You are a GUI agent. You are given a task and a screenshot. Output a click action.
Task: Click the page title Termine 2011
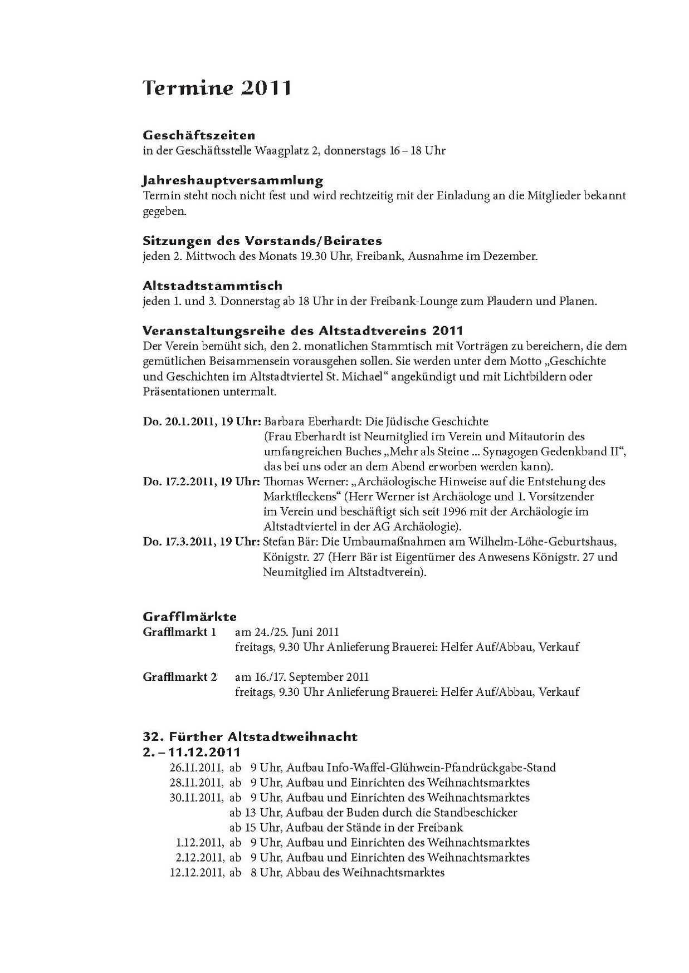tap(217, 88)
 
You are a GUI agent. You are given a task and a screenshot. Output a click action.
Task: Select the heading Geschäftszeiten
tap(199, 135)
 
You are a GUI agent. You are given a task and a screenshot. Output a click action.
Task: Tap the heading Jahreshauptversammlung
tap(233, 180)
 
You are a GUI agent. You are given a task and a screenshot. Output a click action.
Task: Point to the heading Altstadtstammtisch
tap(212, 286)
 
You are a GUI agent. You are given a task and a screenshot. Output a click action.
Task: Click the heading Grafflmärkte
tap(189, 617)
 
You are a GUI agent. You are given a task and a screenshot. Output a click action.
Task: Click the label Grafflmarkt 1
tap(179, 632)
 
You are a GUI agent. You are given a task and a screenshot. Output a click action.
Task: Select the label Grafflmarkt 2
tap(179, 677)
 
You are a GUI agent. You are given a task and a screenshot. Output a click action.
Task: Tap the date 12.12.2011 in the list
tap(196, 873)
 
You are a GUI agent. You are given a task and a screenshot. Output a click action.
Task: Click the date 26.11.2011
tap(196, 768)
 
